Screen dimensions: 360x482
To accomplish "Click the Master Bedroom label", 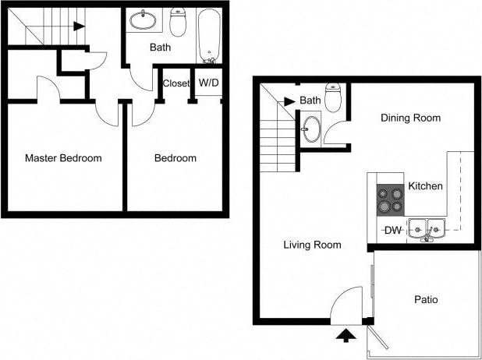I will click(x=63, y=158).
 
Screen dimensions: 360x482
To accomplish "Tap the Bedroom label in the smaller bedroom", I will click(x=175, y=158).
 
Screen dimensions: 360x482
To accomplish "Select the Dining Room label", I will click(x=410, y=118).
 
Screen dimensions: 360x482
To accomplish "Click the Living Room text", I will click(x=312, y=245).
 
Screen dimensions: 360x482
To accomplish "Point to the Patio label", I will click(x=426, y=299).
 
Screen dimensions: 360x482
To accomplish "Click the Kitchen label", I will click(x=425, y=186).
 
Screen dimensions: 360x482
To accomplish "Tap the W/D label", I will click(x=208, y=83).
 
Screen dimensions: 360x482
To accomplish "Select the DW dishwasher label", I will click(x=394, y=230).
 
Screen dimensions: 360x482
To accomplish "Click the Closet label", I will click(x=176, y=83).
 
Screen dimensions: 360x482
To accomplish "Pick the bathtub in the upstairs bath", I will click(x=209, y=36).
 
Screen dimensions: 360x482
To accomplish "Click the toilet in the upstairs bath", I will click(x=179, y=23).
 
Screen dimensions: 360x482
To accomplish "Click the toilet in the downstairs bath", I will click(x=334, y=98).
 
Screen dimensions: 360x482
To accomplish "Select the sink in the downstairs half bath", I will click(x=311, y=129).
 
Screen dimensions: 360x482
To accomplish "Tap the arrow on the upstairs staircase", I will click(x=78, y=26).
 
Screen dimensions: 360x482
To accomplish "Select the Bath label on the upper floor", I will click(x=161, y=48).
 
